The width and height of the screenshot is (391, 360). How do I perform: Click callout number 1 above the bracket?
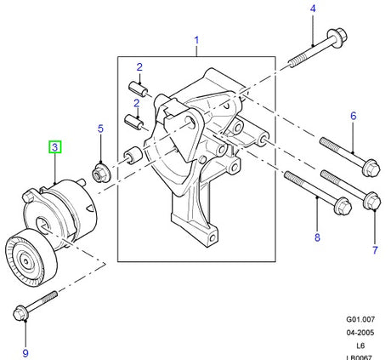(196, 40)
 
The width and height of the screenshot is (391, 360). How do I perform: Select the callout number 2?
(139, 66)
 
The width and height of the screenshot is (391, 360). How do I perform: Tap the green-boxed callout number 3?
(54, 147)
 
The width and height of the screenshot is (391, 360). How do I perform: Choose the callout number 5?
(99, 129)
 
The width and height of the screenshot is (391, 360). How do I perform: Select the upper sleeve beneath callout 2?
(139, 88)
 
